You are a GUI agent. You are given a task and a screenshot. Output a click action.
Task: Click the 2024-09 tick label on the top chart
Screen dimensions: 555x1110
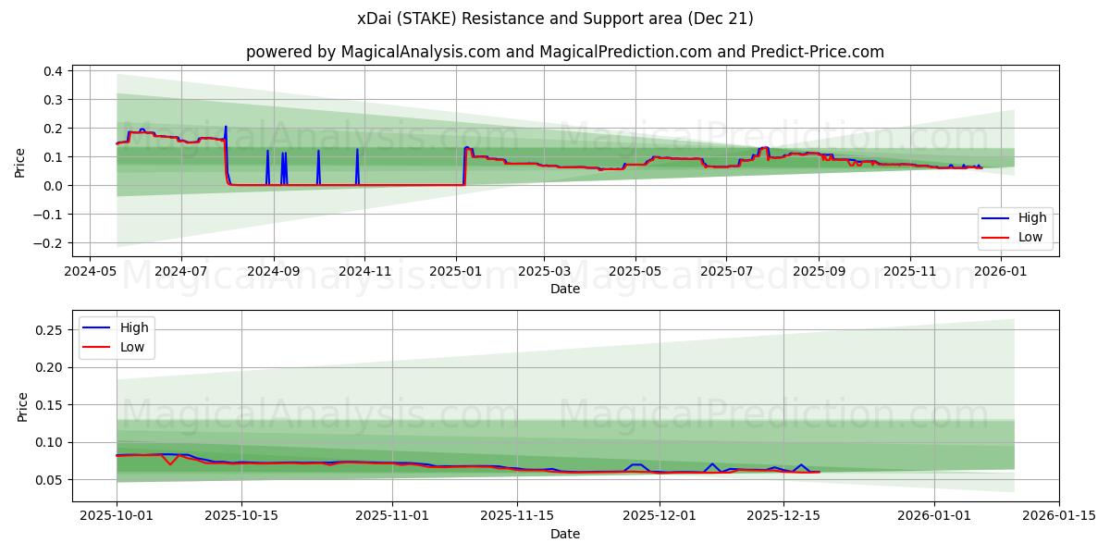pyautogui.click(x=273, y=272)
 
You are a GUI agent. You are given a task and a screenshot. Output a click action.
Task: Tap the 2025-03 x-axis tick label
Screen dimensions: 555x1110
pyautogui.click(x=544, y=272)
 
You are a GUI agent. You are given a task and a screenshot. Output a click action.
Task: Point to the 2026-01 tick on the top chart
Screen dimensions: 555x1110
pyautogui.click(x=1002, y=272)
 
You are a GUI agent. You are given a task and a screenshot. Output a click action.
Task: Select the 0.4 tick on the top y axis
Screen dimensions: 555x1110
pyautogui.click(x=53, y=71)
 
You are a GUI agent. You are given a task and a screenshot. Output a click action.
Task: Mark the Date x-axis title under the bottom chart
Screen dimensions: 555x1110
pyautogui.click(x=565, y=534)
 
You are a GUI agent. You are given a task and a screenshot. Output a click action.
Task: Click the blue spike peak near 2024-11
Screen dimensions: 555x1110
pyautogui.click(x=357, y=150)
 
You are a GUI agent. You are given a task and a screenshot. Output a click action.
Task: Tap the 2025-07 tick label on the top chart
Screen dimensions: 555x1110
pyautogui.click(x=726, y=272)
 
